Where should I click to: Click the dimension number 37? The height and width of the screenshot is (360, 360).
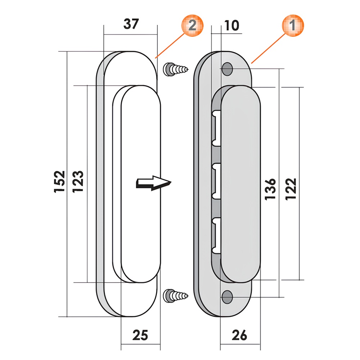click(x=131, y=24)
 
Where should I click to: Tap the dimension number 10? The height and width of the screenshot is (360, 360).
click(x=231, y=25)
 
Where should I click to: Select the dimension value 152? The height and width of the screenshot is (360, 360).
click(x=59, y=181)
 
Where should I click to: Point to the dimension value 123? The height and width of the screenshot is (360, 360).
click(x=78, y=181)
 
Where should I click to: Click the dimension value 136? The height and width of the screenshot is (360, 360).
click(x=270, y=189)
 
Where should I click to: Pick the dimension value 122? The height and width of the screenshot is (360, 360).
click(x=291, y=189)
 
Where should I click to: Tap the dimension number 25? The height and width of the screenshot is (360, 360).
click(x=140, y=335)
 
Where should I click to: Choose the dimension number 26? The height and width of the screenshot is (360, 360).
click(x=239, y=335)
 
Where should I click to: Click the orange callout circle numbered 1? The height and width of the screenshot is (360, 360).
click(x=293, y=25)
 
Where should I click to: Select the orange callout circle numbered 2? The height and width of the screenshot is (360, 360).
click(x=192, y=25)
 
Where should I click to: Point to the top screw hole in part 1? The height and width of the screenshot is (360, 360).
click(x=227, y=69)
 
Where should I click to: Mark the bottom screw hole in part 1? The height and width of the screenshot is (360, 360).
click(x=227, y=297)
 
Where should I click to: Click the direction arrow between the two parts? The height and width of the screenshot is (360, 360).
click(x=154, y=183)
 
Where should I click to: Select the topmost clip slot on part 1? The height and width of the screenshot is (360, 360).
click(x=216, y=128)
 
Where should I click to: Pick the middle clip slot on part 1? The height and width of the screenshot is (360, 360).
click(x=216, y=181)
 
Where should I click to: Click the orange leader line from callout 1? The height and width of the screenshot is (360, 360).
click(x=269, y=48)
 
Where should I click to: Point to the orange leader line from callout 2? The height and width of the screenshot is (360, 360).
click(x=170, y=46)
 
